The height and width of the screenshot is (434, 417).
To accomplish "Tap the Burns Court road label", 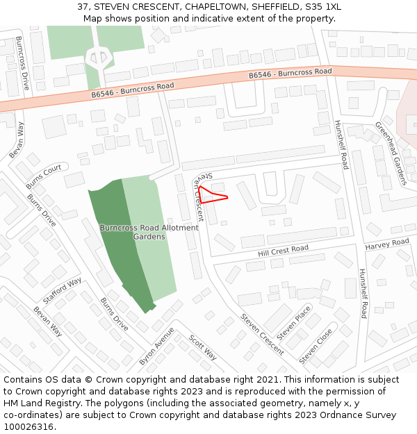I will click(43, 177).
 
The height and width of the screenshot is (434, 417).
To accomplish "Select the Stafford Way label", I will click(62, 291).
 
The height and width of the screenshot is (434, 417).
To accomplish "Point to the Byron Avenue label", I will click(156, 346).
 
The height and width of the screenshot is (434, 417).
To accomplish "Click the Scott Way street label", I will click(203, 348).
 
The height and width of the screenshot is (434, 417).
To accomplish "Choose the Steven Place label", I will click(294, 323).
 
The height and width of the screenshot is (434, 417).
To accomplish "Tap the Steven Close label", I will click(316, 346).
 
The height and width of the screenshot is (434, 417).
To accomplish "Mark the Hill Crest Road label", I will click(283, 249).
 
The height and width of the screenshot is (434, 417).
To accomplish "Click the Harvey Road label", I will click(387, 244).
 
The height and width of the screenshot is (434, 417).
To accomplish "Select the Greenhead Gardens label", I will click(391, 153).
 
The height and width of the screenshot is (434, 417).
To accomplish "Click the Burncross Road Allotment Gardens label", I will click(149, 232).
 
